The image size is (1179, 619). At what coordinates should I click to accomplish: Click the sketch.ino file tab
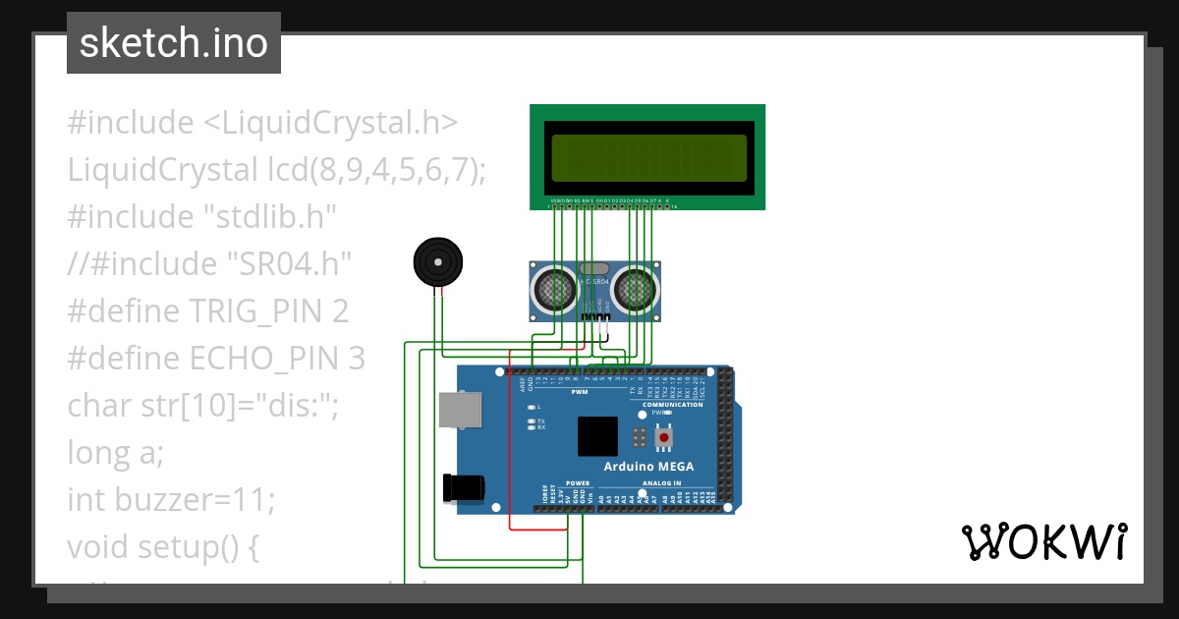click(174, 43)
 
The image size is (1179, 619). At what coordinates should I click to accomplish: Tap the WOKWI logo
click(1043, 541)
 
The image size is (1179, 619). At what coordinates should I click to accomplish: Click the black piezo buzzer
click(437, 262)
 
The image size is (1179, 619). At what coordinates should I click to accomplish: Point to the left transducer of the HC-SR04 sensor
click(554, 288)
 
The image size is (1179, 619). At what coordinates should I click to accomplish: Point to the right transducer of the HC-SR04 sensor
click(637, 288)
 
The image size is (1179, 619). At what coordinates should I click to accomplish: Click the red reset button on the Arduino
click(665, 436)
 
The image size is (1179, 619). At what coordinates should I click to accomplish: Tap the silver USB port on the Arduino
click(460, 412)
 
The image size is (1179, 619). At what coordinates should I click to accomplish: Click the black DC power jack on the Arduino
click(465, 488)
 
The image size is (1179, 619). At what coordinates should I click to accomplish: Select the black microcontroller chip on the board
click(597, 436)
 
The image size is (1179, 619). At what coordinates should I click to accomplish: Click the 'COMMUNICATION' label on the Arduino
click(673, 405)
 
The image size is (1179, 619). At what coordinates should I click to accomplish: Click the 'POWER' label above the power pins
click(578, 483)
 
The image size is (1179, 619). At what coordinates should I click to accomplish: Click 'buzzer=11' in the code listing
click(195, 500)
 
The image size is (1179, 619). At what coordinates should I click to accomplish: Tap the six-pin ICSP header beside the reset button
click(640, 436)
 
